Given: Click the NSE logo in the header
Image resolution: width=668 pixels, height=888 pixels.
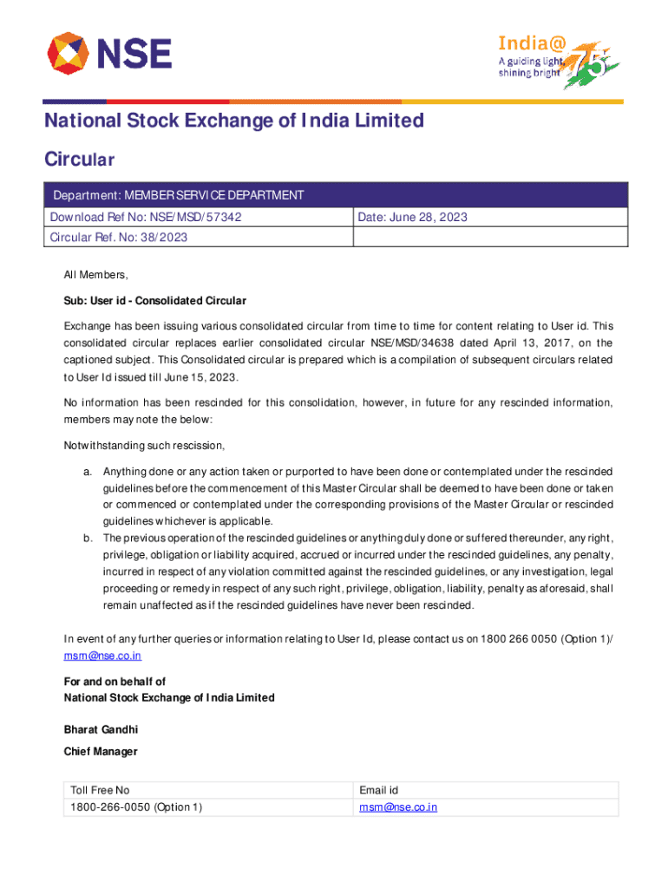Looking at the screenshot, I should (x=109, y=53).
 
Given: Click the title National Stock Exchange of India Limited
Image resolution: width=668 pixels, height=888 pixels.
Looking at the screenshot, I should (x=234, y=121).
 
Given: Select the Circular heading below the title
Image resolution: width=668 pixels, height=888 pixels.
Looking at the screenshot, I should (x=80, y=160).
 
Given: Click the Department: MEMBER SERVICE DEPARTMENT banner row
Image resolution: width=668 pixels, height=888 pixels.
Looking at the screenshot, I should (x=336, y=195).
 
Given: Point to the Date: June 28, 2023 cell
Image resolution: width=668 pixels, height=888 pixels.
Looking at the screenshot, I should (x=412, y=217).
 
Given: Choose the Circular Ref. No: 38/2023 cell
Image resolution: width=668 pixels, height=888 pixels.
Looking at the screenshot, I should (x=119, y=237).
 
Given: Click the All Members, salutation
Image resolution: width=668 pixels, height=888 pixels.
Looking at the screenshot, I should (x=96, y=275).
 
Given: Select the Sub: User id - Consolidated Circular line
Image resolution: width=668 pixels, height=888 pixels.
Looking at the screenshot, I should (x=155, y=301).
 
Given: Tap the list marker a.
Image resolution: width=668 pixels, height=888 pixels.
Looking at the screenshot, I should (x=88, y=472).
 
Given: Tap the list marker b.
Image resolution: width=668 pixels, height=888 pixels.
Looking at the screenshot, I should (x=88, y=539).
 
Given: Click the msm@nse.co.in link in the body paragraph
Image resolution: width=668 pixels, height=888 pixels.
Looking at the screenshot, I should (x=102, y=656).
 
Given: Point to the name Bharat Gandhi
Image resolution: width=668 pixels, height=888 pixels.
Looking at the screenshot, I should (x=102, y=729).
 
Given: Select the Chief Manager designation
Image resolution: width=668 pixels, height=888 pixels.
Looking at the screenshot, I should (x=101, y=752).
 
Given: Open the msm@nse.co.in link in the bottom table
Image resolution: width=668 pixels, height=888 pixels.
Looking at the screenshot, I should (x=398, y=807).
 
